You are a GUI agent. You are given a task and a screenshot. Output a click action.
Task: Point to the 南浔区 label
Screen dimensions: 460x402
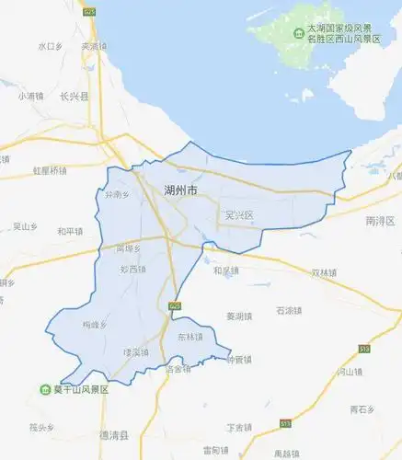click(379, 221)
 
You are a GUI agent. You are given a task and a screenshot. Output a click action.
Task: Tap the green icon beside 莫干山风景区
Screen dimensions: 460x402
click(45, 389)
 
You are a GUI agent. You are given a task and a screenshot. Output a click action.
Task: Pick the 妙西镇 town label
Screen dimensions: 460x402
click(133, 270)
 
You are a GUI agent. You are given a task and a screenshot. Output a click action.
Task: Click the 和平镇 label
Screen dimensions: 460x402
click(69, 231)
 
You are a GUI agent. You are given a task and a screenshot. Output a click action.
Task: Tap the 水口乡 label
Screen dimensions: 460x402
click(50, 45)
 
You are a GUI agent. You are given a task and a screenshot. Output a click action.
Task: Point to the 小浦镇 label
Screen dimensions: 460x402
click(30, 96)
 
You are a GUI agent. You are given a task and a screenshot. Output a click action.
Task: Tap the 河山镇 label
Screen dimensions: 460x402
click(350, 373)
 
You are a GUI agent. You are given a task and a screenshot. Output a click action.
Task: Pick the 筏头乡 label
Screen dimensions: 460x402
click(41, 427)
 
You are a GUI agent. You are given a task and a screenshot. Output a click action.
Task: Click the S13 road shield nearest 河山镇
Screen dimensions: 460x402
click(363, 350)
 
